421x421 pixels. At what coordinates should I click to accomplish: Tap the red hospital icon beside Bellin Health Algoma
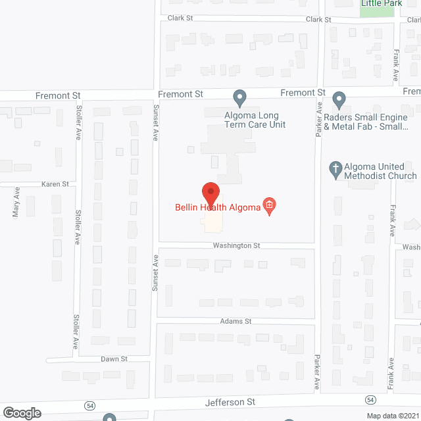pos(268,207)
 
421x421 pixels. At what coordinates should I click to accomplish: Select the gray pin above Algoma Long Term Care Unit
pos(240,99)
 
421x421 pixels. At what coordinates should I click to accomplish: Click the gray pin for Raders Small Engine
pos(339,100)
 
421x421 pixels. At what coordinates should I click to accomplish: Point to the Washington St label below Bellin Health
pos(236,245)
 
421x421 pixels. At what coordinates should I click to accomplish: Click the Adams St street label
pos(236,321)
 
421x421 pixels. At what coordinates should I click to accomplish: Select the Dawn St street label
pos(114,359)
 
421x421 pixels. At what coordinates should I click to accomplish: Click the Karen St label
pos(55,184)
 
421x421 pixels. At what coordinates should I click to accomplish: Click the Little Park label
pos(382,4)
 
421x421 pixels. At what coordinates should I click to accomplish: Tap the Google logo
pos(22,412)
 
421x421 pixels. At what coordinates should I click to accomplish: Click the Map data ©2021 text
pos(392,415)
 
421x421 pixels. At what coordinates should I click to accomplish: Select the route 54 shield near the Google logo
pos(89,403)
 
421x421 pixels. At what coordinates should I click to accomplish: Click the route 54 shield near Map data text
pos(371,400)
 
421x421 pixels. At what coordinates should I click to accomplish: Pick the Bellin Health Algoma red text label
pos(217,207)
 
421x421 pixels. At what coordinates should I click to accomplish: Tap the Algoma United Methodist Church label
pos(373,171)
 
